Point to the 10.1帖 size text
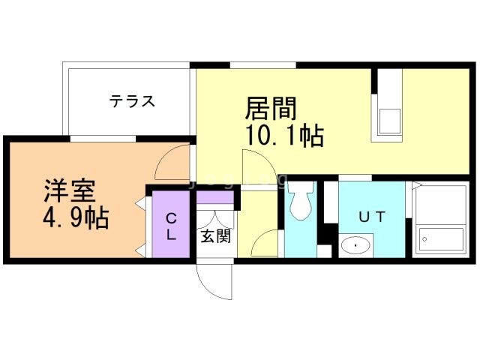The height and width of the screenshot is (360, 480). point(284,136)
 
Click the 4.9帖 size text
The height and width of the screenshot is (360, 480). point(75,218)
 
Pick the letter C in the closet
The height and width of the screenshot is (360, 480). point(171,218)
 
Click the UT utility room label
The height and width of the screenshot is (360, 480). point(371,217)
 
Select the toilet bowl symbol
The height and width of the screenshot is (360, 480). point(301,199)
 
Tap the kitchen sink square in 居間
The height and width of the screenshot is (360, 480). point(391,121)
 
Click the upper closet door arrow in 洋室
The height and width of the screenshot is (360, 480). point(140,202)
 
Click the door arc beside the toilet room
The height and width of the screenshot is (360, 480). point(266,243)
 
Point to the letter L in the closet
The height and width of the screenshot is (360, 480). point(171,235)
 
